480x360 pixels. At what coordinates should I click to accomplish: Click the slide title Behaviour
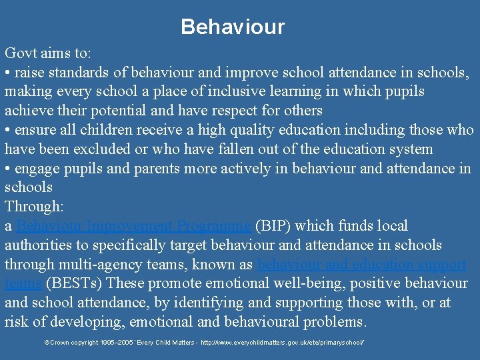233,27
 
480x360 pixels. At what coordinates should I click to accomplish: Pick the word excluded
109,149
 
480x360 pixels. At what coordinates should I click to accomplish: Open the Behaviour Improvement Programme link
133,227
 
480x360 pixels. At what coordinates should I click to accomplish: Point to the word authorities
39,246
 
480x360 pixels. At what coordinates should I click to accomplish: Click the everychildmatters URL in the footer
280,342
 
